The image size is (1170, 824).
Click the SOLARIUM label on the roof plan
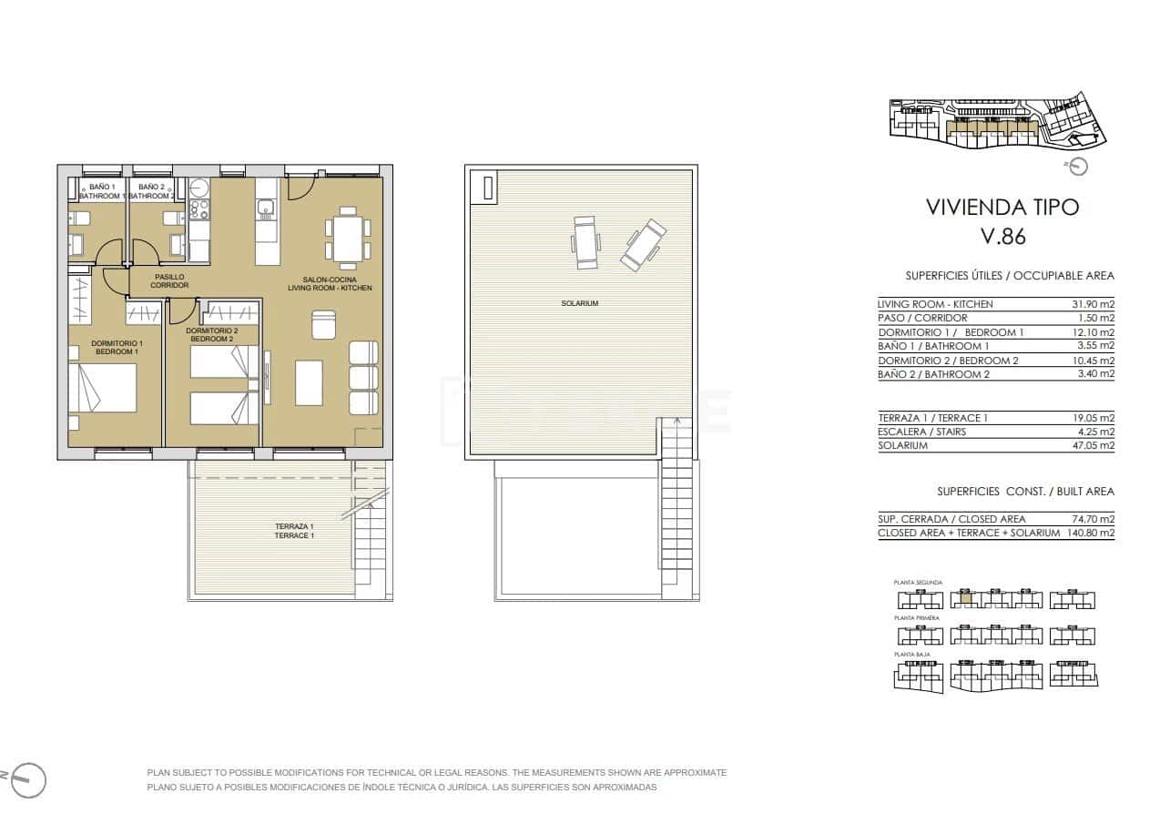[x=580, y=303]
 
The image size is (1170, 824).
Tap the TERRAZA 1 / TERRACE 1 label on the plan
[x=294, y=531]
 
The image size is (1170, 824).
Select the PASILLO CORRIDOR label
[x=169, y=280]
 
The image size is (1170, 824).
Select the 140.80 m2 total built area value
[x=1090, y=533]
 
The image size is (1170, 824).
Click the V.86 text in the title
[x=1002, y=236]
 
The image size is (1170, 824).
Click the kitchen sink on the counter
[x=265, y=212]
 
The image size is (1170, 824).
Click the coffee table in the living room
[x=309, y=382]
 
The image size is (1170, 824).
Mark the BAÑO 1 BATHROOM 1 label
[x=101, y=191]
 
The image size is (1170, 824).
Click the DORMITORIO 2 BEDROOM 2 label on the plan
[x=212, y=334]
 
